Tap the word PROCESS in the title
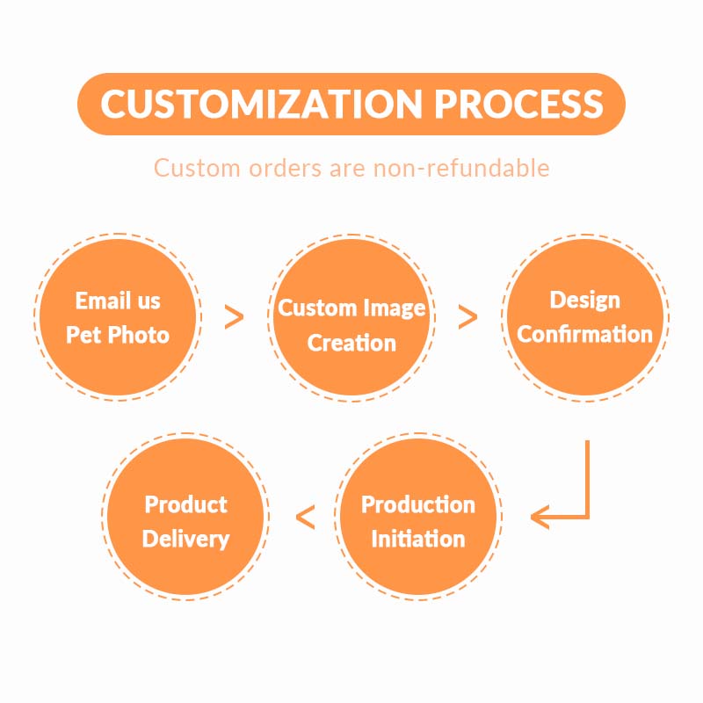pyautogui.click(x=519, y=104)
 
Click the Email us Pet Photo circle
pyautogui.click(x=118, y=316)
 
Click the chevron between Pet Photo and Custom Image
pyautogui.click(x=234, y=317)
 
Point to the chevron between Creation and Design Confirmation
pyautogui.click(x=468, y=317)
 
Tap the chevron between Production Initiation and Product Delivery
pyautogui.click(x=305, y=518)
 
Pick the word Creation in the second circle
pyautogui.click(x=351, y=343)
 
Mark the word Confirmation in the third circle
pyautogui.click(x=584, y=334)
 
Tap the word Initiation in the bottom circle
pyautogui.click(x=417, y=538)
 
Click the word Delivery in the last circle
pyautogui.click(x=185, y=538)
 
